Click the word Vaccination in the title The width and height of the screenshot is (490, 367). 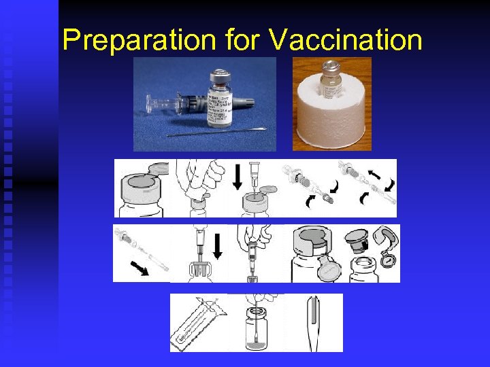(346, 40)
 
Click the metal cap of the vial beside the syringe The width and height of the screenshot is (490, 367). (219, 75)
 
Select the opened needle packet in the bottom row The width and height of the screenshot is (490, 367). (198, 323)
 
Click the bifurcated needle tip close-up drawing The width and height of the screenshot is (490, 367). (312, 323)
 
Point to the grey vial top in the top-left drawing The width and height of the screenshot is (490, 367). (141, 183)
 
